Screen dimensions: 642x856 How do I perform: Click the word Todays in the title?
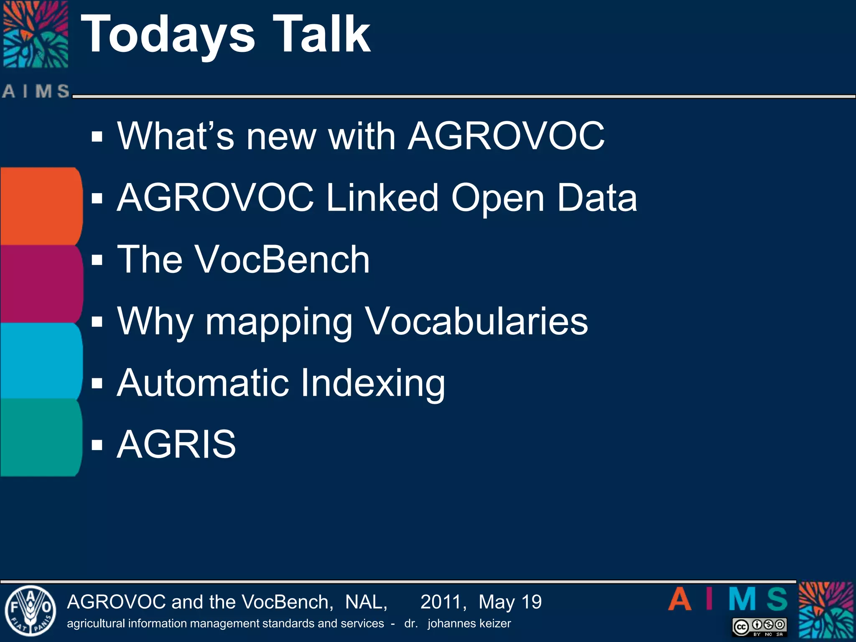pos(167,36)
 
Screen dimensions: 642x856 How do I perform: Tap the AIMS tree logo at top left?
pos(36,34)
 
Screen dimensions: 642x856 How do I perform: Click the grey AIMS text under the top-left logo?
pos(36,91)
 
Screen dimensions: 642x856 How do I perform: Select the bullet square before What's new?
pos(97,136)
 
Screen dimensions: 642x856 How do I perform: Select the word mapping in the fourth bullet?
pos(279,322)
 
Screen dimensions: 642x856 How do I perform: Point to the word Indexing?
pos(373,384)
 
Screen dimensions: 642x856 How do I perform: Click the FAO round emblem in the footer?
pos(30,611)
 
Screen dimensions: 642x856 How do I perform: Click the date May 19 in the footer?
pos(510,602)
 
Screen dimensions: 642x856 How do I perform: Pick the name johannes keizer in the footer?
pos(469,624)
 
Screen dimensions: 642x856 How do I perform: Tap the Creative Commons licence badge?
pos(759,627)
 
